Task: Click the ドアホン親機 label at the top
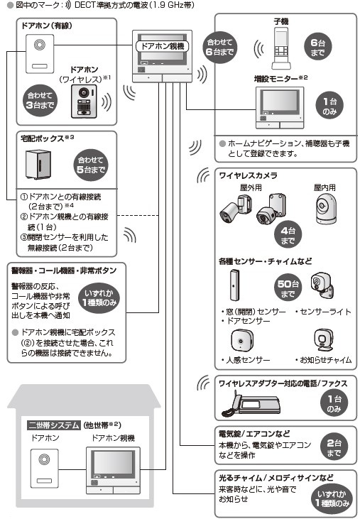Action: pos(165,45)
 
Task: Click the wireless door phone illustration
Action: pos(84,103)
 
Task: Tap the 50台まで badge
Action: pos(286,288)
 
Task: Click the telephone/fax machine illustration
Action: pos(245,406)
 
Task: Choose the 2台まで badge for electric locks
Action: pos(334,447)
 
